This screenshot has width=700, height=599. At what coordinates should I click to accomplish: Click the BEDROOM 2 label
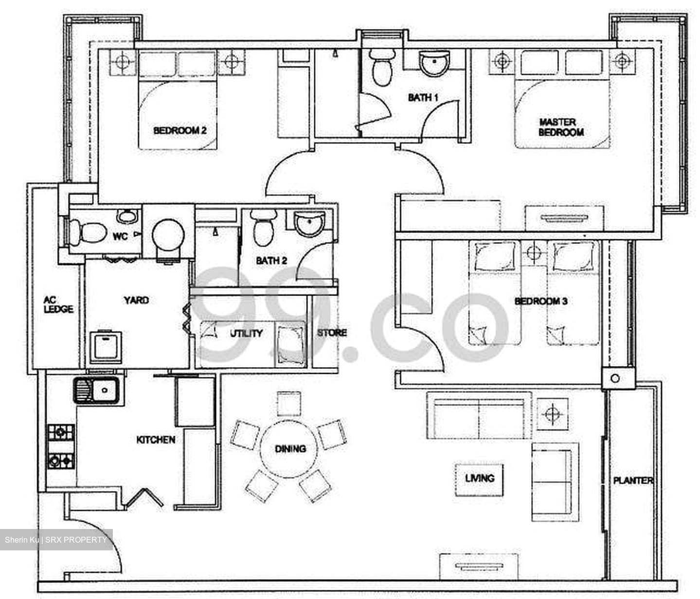(x=179, y=130)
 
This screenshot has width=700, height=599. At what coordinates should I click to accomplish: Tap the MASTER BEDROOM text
(x=561, y=127)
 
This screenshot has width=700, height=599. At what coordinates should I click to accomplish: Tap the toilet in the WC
(x=88, y=232)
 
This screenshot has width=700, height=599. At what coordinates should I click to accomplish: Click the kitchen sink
(x=98, y=390)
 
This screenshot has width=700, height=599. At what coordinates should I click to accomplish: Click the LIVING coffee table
(x=479, y=479)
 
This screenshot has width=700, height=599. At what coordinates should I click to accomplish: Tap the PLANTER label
(x=632, y=480)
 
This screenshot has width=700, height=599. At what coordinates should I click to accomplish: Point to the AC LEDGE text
(x=58, y=305)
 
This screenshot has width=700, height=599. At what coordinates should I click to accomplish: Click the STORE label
(x=332, y=333)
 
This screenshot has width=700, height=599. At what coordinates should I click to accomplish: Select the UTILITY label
(x=246, y=333)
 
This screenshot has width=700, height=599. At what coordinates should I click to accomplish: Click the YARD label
(x=136, y=300)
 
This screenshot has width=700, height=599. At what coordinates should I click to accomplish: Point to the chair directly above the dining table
(x=289, y=403)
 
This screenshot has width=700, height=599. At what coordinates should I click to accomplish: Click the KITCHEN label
(x=156, y=440)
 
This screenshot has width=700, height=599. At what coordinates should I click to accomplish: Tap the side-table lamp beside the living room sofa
(x=552, y=414)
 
